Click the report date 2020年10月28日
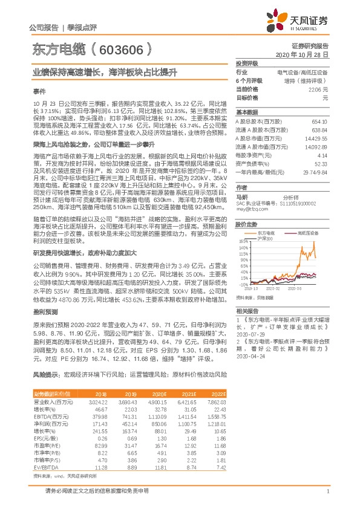tap(309, 54)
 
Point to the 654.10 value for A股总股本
tap(319, 122)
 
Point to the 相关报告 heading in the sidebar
tap(246, 310)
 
